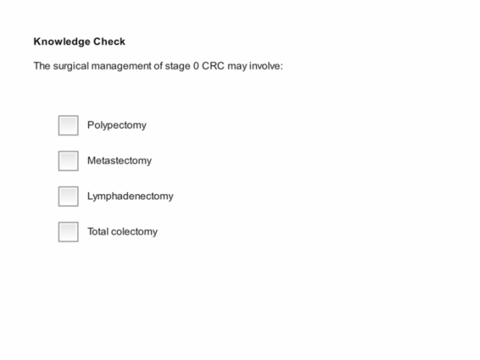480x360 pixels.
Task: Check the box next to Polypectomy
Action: pyautogui.click(x=69, y=125)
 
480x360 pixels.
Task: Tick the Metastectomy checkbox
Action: pyautogui.click(x=69, y=160)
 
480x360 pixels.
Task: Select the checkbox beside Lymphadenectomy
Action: pyautogui.click(x=69, y=196)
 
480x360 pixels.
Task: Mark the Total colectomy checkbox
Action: pyautogui.click(x=69, y=232)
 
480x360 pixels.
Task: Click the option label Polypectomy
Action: pyautogui.click(x=117, y=125)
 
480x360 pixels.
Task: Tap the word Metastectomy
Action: pyautogui.click(x=119, y=160)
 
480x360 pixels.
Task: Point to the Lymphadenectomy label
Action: pyautogui.click(x=130, y=196)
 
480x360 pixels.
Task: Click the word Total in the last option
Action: pyautogui.click(x=98, y=232)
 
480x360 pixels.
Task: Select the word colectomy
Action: pyautogui.click(x=134, y=232)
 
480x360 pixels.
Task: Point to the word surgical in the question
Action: pyautogui.click(x=71, y=66)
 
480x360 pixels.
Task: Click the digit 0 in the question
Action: pyautogui.click(x=196, y=66)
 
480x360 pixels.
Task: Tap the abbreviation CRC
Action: pyautogui.click(x=213, y=66)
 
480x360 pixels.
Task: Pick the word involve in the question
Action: pyautogui.click(x=266, y=66)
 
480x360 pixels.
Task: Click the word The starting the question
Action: pyautogui.click(x=42, y=66)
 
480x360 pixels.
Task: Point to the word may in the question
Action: pyautogui.click(x=237, y=67)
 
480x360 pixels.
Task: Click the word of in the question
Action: pyautogui.click(x=158, y=66)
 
